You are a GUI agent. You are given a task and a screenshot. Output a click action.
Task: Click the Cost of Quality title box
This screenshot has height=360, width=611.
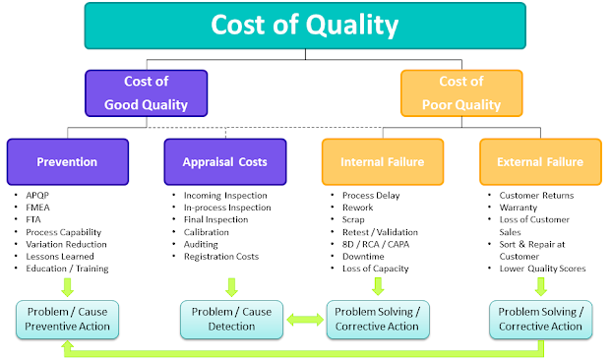pos(305,27)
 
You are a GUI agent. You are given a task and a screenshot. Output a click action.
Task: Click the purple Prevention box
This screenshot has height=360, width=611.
pos(67,160)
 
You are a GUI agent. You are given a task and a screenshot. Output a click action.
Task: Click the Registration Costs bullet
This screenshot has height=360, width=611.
pos(222,256)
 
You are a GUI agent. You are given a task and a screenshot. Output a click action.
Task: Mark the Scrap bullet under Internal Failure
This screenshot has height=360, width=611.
pos(355,219)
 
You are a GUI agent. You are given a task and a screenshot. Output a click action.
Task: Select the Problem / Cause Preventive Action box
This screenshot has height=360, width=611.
pos(68,319)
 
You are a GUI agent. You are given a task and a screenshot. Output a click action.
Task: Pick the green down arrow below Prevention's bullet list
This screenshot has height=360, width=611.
pos(67,287)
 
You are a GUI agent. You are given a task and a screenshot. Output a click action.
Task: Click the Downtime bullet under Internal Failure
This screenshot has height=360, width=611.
pos(365,256)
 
